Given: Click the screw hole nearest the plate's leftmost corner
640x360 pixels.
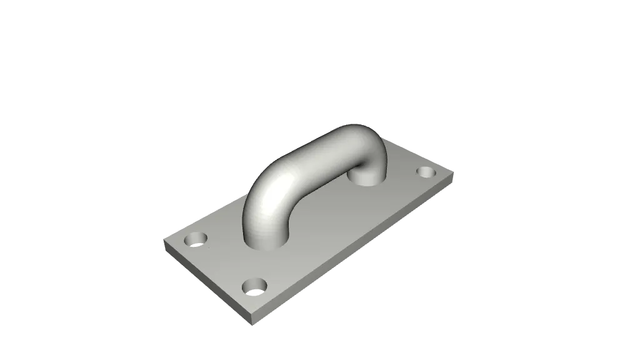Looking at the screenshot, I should tap(196, 239).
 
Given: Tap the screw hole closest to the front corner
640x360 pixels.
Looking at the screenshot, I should tap(254, 287).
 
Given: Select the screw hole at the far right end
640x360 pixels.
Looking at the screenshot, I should tap(427, 171).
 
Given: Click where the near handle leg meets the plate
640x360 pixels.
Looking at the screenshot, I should tap(266, 241).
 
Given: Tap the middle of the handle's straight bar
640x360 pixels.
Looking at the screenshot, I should tap(312, 156).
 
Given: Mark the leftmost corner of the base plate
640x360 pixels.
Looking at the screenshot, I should tap(161, 239).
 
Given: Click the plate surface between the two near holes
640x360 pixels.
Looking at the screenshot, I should tap(225, 263).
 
